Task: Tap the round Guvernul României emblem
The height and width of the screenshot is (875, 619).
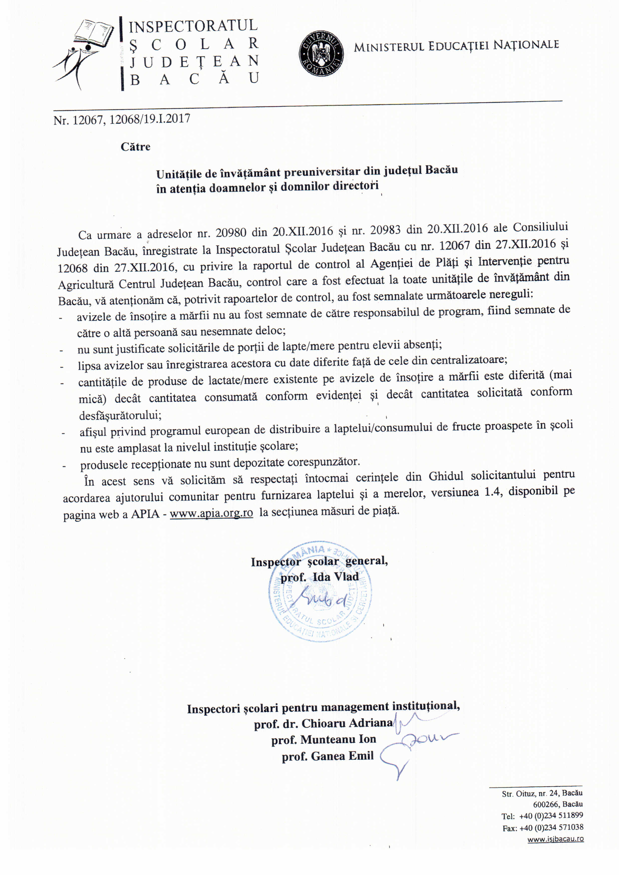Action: pos(321,53)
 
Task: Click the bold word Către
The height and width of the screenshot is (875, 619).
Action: pos(135,147)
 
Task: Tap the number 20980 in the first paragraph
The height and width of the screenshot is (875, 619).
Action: pos(231,232)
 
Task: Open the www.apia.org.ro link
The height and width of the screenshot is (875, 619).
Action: pos(211,513)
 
